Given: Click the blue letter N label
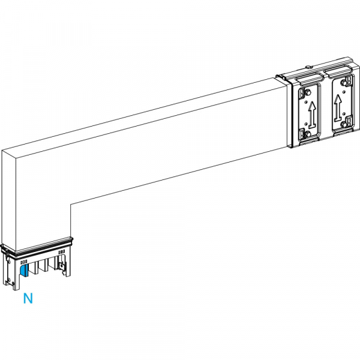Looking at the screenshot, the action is coord(28,298).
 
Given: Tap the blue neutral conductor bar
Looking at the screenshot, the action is coord(24,270).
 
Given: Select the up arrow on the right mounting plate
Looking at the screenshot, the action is coord(338,108).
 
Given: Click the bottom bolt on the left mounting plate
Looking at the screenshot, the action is coord(308,134).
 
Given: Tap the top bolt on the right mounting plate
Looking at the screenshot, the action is coord(344,82).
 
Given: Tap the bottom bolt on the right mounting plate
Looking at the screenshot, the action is coord(344,124).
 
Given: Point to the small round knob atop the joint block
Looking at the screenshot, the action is coord(309,67).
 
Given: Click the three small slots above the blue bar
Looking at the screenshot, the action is coord(24,262).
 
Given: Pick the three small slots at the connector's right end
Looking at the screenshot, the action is coord(62,252).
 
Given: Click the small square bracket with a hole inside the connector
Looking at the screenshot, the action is coord(62,266).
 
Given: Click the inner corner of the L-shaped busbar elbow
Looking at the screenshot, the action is coord(71,204).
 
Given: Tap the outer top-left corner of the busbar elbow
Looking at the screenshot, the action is coord(2,151).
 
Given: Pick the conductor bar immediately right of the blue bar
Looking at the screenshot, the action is coord(35,268).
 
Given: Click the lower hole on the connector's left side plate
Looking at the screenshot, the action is coord(9,280).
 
